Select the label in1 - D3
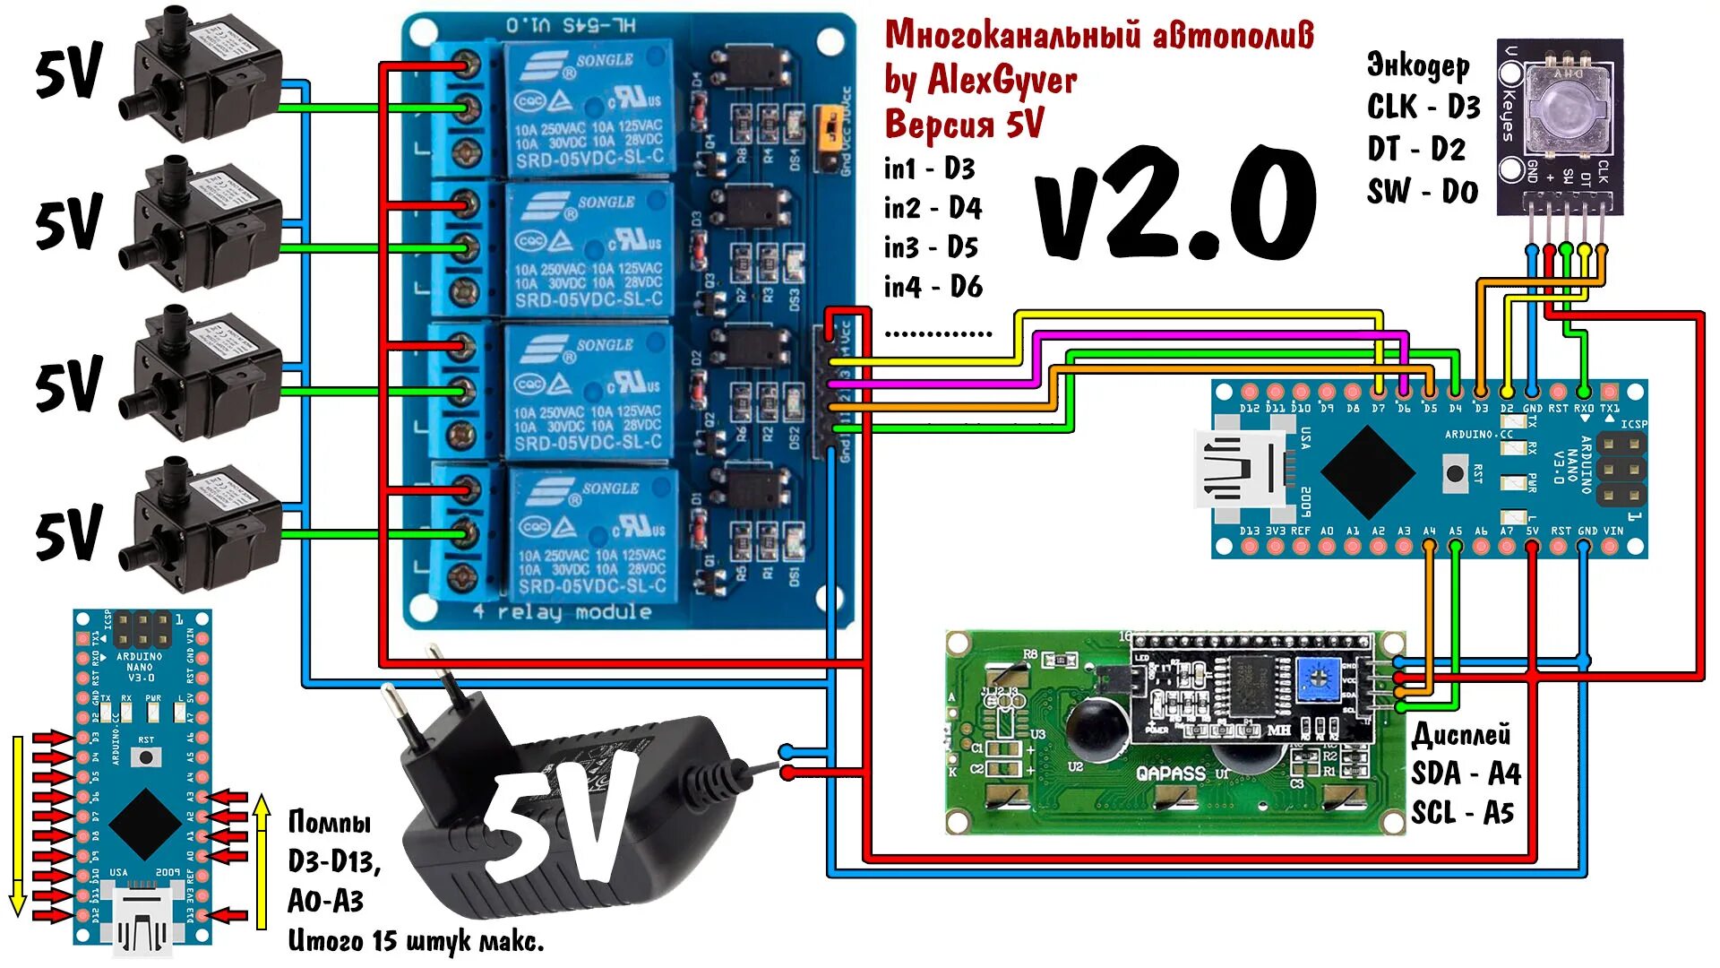tap(929, 169)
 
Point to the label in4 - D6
tap(933, 287)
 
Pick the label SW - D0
tap(1422, 191)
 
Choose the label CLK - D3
tap(1423, 107)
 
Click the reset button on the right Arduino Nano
tap(1455, 472)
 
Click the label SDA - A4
tap(1466, 773)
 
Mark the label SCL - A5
tap(1462, 813)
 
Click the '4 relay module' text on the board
tap(562, 612)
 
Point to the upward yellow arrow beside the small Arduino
tap(262, 860)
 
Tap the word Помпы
tap(329, 822)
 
